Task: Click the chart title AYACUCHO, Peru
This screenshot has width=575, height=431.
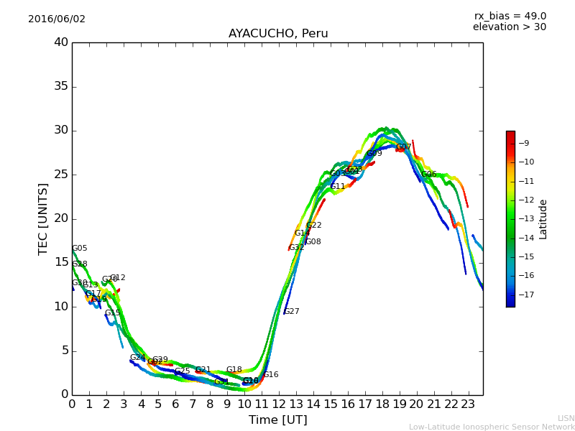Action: tap(278, 34)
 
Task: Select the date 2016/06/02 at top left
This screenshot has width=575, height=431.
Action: tap(57, 19)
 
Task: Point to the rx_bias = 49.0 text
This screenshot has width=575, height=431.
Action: tap(510, 17)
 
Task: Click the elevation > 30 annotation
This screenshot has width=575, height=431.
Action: tap(510, 27)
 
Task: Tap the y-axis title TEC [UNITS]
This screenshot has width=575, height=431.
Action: tap(44, 218)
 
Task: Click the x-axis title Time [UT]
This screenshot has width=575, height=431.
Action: tap(278, 420)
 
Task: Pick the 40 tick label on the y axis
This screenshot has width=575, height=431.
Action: tap(61, 42)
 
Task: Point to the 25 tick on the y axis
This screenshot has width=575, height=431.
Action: tap(61, 175)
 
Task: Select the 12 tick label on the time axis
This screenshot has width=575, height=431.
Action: tap(279, 404)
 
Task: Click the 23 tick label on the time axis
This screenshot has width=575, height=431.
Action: tap(469, 404)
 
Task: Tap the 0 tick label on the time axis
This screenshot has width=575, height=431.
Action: tap(72, 404)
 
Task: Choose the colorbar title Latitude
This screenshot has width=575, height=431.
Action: tap(543, 219)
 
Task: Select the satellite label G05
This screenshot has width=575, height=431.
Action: tap(80, 249)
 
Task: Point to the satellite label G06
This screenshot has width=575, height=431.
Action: tap(429, 175)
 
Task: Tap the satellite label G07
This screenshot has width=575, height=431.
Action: tap(404, 147)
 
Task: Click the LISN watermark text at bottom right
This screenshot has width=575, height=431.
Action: tap(566, 418)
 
